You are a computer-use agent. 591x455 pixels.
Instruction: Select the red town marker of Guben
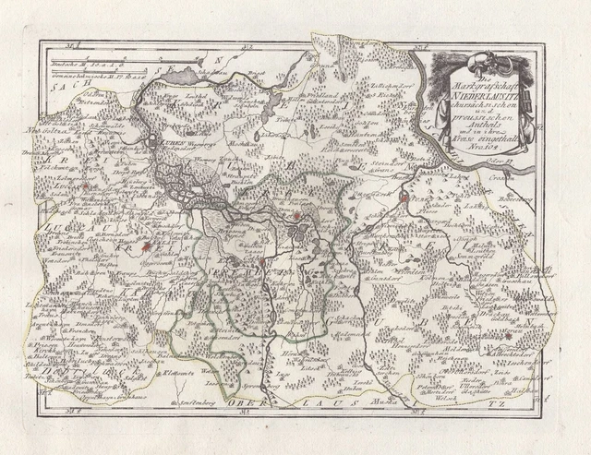click(391, 197)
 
